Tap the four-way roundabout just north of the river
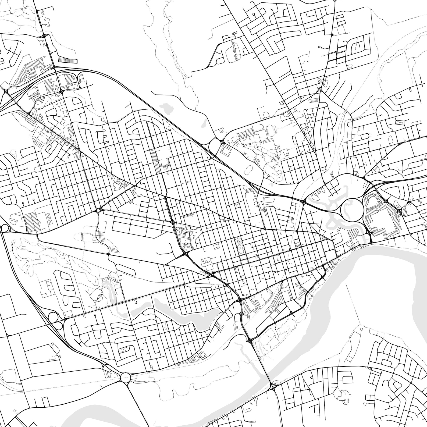coord(125,378)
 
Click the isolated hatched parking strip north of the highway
coord(68,60)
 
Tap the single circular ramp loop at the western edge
coord(5,228)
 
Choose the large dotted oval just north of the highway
coord(249,170)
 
